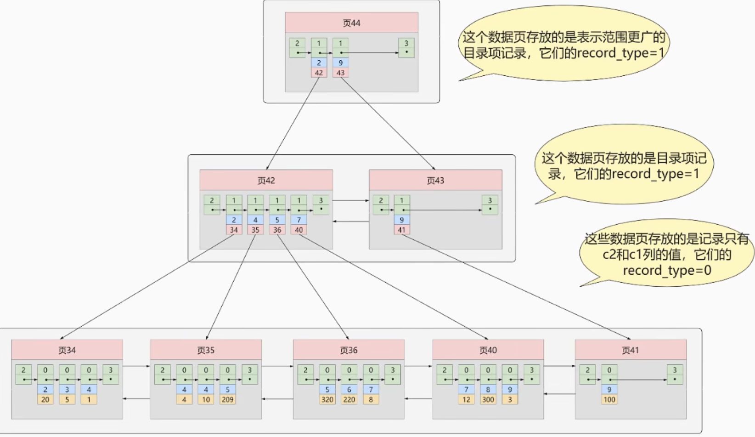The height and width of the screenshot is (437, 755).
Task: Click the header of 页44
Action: pyautogui.click(x=351, y=23)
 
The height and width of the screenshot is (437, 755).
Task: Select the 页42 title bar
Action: pyautogui.click(x=266, y=180)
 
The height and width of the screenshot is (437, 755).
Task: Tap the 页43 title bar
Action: pyautogui.click(x=435, y=180)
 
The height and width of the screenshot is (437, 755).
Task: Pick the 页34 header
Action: pyautogui.click(x=67, y=350)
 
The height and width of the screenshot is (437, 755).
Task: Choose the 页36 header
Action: pyautogui.click(x=349, y=350)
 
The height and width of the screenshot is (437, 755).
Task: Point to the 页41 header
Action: pyautogui.click(x=630, y=350)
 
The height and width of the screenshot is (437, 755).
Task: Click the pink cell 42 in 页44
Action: pyautogui.click(x=319, y=73)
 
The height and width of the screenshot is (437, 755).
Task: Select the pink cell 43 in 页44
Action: pyautogui.click(x=340, y=73)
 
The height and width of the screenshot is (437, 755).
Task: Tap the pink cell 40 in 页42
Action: pyautogui.click(x=299, y=230)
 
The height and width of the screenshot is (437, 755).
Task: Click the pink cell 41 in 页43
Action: pyautogui.click(x=402, y=230)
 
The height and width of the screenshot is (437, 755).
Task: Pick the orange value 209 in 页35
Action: pyautogui.click(x=227, y=399)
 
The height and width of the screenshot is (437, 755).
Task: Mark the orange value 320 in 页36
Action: pyautogui.click(x=327, y=399)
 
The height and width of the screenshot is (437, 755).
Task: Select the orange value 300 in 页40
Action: pyautogui.click(x=488, y=399)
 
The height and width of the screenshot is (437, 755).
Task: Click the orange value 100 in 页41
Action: pyautogui.click(x=609, y=399)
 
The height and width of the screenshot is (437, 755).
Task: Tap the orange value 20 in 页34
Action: pyautogui.click(x=45, y=399)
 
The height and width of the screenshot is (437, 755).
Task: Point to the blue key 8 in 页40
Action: pyautogui.click(x=488, y=389)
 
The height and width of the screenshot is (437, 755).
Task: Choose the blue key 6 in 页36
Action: pyautogui.click(x=349, y=389)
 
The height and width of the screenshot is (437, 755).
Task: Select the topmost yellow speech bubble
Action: pyautogui.click(x=563, y=45)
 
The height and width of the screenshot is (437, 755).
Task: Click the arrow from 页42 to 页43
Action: pyautogui.click(x=350, y=200)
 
